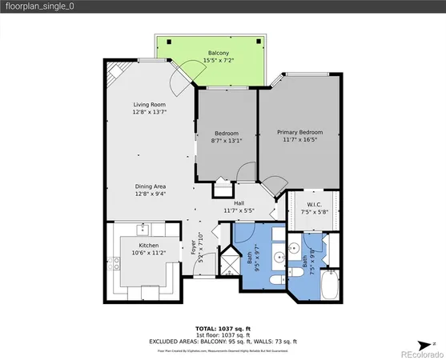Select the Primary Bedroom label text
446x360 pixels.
click(x=300, y=132)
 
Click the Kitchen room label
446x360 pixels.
click(x=148, y=245)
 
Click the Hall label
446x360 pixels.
click(x=239, y=203)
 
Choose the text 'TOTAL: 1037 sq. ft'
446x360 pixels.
click(x=223, y=328)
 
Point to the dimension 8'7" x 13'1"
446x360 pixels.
click(x=227, y=142)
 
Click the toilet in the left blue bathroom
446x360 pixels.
click(x=274, y=275)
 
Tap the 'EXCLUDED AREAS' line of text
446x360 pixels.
click(x=223, y=341)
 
